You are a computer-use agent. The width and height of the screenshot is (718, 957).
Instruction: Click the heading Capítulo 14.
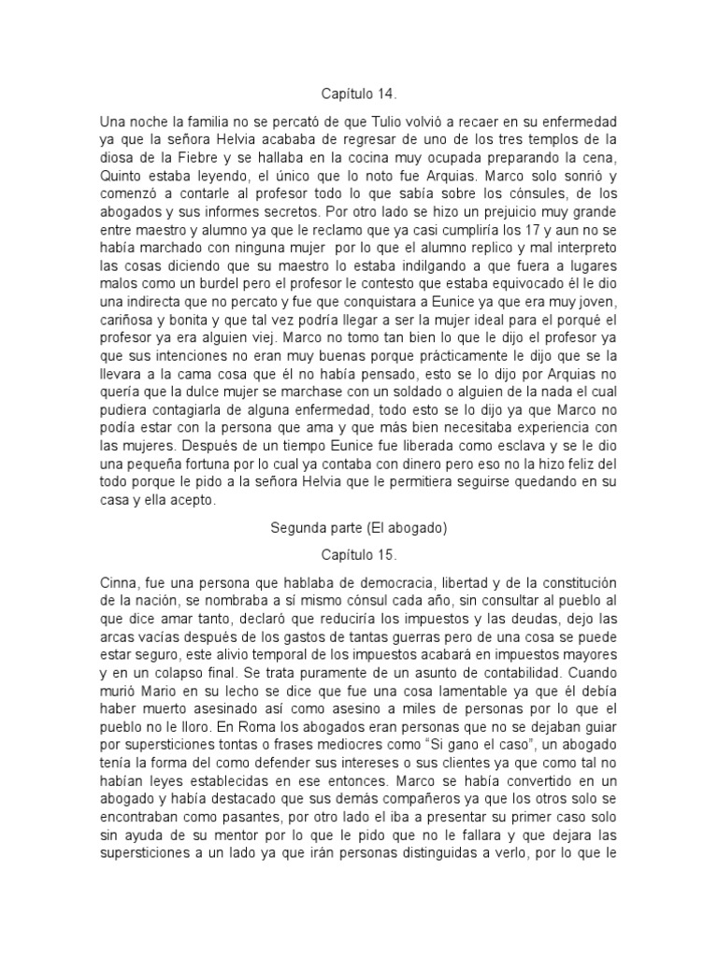[358, 93]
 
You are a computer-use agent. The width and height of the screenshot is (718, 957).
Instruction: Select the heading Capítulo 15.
[358, 553]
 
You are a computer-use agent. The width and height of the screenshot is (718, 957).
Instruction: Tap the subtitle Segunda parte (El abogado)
[358, 527]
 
